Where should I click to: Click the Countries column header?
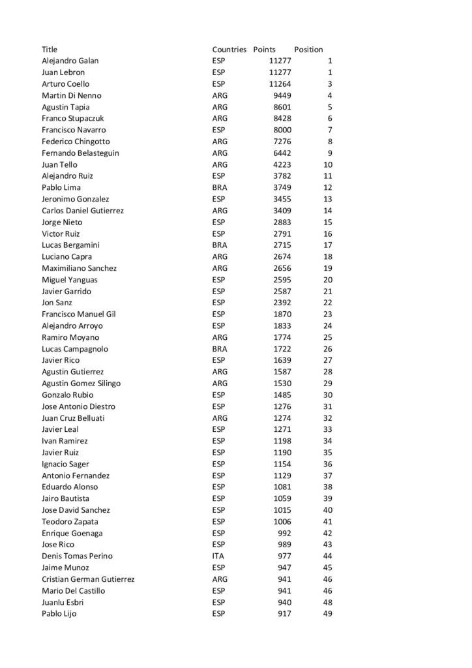229,50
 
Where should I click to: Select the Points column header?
264,50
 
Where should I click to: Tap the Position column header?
308,50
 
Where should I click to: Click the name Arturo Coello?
65,84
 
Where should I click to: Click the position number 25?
327,337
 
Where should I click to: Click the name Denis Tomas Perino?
77,556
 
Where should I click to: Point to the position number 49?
327,614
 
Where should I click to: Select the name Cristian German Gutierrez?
88,579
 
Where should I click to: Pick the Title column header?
50,50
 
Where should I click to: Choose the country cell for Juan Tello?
220,165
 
